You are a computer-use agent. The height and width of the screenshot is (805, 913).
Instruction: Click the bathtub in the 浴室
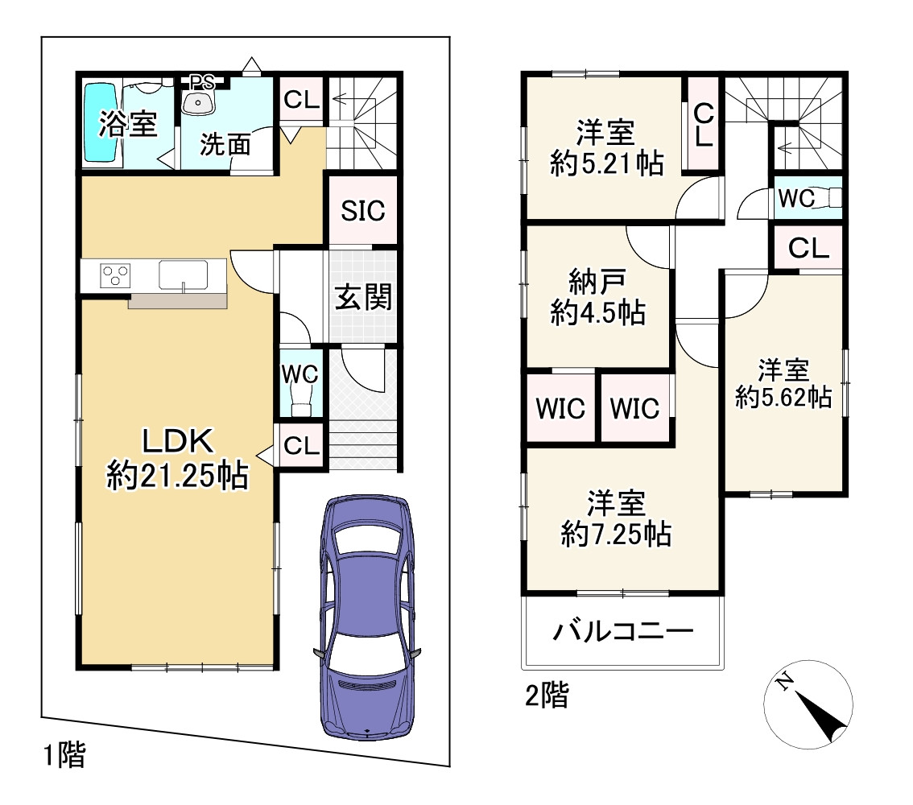click(x=101, y=122)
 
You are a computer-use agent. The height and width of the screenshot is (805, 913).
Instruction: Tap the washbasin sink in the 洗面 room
click(x=198, y=102)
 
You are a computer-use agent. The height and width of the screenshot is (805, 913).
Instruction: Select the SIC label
click(x=363, y=211)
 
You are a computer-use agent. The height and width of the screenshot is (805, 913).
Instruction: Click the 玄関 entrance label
click(x=363, y=297)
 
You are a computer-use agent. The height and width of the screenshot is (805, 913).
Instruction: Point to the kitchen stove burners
click(x=114, y=275)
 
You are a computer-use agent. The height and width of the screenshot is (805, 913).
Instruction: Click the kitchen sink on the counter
click(x=183, y=275)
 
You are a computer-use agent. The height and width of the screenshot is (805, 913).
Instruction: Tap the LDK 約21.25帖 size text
click(x=178, y=476)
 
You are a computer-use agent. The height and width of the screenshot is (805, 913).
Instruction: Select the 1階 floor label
click(x=65, y=755)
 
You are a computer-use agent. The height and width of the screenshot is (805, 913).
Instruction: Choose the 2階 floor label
click(x=547, y=695)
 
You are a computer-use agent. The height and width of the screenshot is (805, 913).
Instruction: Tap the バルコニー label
click(x=623, y=630)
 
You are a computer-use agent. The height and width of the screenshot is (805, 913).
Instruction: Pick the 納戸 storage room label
click(x=597, y=283)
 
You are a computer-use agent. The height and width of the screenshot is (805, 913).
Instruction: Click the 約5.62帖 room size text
click(x=783, y=398)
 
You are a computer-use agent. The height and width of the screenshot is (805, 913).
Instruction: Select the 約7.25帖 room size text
click(x=616, y=533)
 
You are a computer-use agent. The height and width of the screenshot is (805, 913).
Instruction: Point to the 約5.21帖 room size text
click(x=607, y=163)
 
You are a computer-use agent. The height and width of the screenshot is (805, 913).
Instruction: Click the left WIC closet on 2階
click(x=560, y=407)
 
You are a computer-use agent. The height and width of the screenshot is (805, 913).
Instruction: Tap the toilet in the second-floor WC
click(x=828, y=198)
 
